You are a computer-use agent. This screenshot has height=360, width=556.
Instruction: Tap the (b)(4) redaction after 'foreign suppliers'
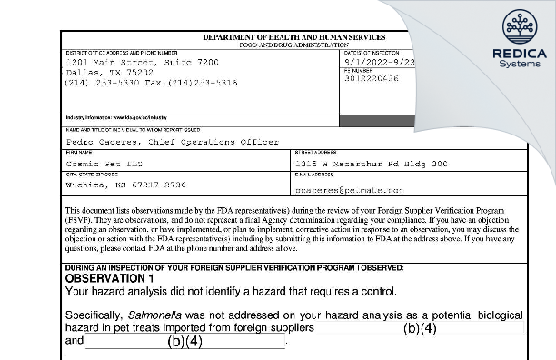point(420,328)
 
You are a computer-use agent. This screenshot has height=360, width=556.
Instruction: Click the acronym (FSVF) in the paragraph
point(82,219)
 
